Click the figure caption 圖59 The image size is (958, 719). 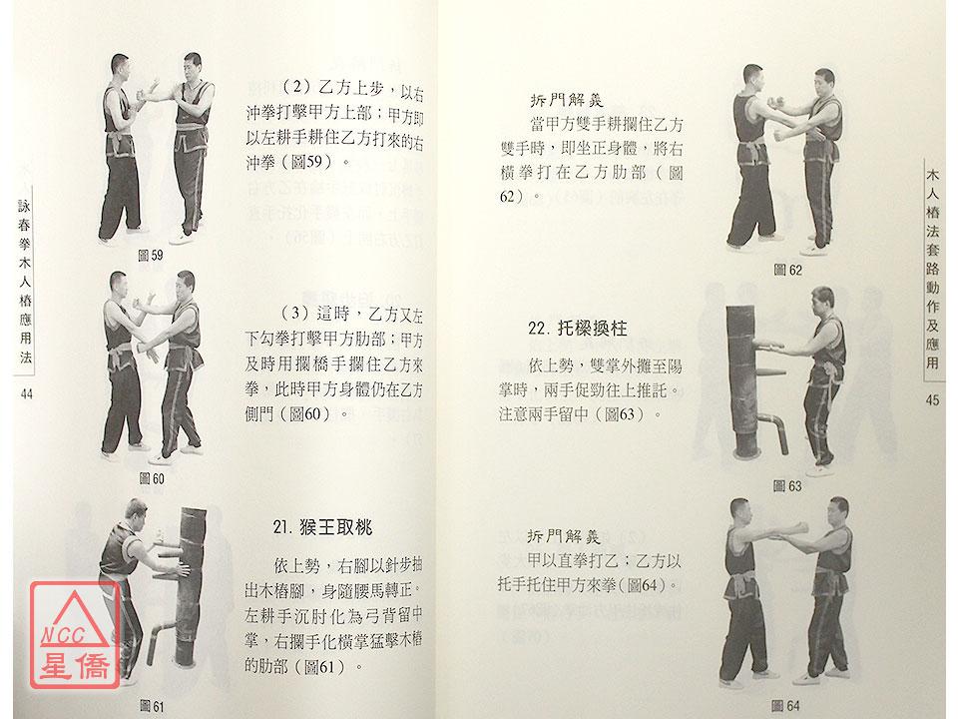[x=151, y=255]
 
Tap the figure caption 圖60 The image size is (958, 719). [x=152, y=478]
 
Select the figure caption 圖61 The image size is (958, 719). [x=152, y=706]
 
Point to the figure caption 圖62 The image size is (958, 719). [x=787, y=270]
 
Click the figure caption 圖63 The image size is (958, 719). [x=787, y=486]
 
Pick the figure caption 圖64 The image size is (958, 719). [x=785, y=706]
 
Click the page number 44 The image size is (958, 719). [x=26, y=394]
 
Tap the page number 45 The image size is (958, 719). [x=932, y=400]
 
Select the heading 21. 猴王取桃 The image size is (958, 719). [x=322, y=527]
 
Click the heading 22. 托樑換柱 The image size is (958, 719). [x=578, y=329]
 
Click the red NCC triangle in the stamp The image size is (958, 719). [x=74, y=621]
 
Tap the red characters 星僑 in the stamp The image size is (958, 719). [x=75, y=666]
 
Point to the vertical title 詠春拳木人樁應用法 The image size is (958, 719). [x=25, y=282]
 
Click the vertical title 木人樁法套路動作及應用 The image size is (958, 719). [x=932, y=269]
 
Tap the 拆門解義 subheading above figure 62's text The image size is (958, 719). [x=567, y=100]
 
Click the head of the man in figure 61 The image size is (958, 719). [x=136, y=511]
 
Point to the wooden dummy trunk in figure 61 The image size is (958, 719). [x=190, y=586]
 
